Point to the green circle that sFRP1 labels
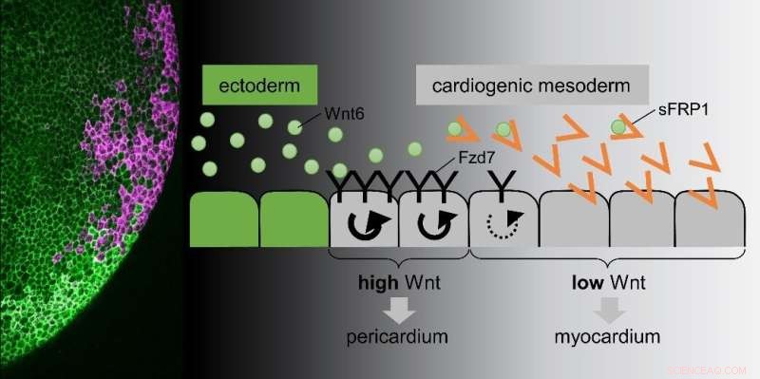pyautogui.click(x=619, y=125)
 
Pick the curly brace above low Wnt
pyautogui.click(x=608, y=259)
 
